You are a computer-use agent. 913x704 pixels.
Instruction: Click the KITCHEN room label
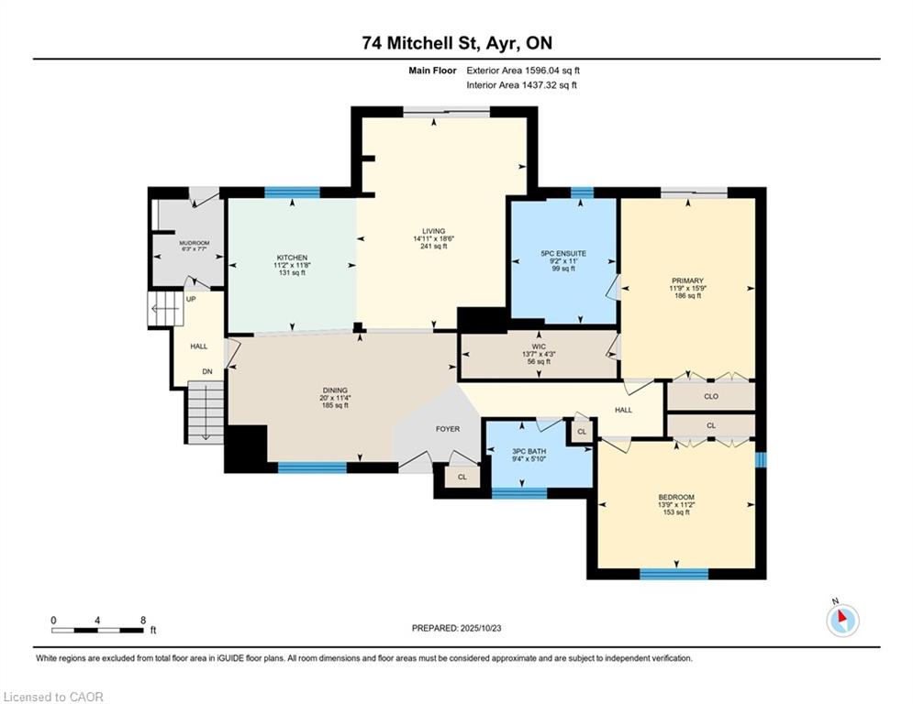pos(292,258)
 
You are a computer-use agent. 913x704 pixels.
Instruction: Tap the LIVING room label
pos(434,231)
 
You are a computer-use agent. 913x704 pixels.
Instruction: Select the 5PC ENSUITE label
pos(563,254)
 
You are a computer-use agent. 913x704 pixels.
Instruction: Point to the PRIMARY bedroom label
pos(687,280)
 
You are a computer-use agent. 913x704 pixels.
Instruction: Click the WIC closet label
pos(540,346)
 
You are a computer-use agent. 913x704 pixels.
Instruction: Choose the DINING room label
pos(335,390)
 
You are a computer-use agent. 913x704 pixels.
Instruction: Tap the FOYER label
pos(448,429)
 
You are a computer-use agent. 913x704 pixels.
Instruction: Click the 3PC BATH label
pos(529,451)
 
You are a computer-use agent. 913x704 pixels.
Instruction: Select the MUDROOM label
pos(195,243)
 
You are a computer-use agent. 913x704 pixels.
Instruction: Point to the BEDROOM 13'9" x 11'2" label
pos(676,504)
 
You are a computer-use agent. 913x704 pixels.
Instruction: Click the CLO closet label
pos(711,396)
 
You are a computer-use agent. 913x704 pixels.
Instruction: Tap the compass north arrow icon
pos(842,620)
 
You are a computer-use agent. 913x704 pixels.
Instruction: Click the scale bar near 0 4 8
pos(97,630)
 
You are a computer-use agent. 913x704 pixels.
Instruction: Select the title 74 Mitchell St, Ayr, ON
pos(457,43)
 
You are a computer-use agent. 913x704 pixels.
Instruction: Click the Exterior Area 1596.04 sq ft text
pos(523,71)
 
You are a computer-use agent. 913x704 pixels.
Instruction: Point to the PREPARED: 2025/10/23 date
pos(457,628)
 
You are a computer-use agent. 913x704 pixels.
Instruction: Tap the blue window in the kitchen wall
pos(293,192)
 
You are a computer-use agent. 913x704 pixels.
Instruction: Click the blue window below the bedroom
pos(674,574)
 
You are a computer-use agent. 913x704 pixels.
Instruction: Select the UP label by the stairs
pos(191,299)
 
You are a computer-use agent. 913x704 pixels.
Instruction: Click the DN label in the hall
pos(207,372)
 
